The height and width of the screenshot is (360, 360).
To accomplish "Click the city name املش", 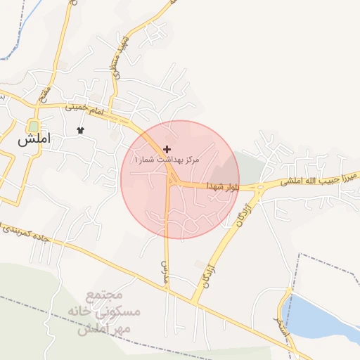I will click(x=36, y=139).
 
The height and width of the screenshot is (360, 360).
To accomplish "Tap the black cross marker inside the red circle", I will click(x=167, y=149).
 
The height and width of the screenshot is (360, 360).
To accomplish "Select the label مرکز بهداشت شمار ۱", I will click(x=167, y=160).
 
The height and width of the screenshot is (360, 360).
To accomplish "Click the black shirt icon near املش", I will click(x=80, y=130).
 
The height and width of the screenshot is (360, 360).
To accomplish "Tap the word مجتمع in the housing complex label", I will click(x=107, y=297).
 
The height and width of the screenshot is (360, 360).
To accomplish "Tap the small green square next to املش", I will click(x=33, y=127).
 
